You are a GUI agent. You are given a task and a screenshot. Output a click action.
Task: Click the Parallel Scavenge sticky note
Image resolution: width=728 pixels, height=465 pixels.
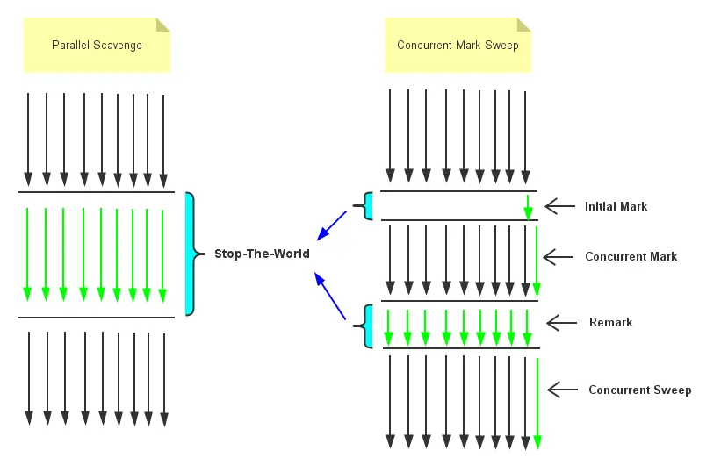pyautogui.click(x=97, y=45)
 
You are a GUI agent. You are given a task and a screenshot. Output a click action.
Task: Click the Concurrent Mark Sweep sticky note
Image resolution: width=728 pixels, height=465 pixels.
pyautogui.click(x=458, y=45)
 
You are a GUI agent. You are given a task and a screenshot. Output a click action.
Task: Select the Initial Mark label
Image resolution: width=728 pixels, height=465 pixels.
pyautogui.click(x=616, y=207)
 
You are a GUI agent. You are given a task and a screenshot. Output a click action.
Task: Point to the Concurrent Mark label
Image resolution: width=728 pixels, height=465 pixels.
pyautogui.click(x=631, y=257)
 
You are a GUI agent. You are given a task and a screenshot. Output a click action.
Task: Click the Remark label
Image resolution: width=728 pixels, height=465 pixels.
pyautogui.click(x=610, y=323)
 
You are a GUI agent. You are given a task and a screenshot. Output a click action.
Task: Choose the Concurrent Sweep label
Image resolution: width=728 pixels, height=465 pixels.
pyautogui.click(x=639, y=390)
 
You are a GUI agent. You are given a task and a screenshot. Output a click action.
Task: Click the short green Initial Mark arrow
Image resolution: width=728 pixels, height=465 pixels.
pyautogui.click(x=528, y=207)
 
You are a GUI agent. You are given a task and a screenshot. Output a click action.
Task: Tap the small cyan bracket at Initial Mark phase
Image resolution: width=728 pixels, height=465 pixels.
pyautogui.click(x=368, y=207)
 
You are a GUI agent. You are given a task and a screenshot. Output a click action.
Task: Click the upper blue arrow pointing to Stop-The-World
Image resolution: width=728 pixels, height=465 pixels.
pyautogui.click(x=333, y=225)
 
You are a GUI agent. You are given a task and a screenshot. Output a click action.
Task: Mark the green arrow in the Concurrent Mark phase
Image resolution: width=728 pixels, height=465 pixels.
pyautogui.click(x=537, y=261)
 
